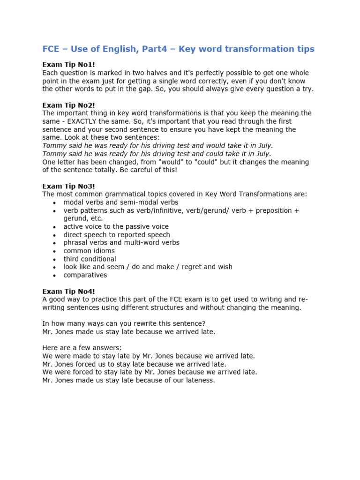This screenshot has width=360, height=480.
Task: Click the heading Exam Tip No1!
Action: click(x=68, y=65)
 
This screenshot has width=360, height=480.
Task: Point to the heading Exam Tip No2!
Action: click(x=68, y=105)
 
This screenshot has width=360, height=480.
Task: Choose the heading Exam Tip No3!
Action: click(x=68, y=186)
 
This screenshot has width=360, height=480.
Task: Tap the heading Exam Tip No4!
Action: click(x=68, y=291)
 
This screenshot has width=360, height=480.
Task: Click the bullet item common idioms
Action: click(x=89, y=251)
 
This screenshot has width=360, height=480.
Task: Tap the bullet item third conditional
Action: click(x=90, y=259)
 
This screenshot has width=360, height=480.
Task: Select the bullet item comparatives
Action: click(x=85, y=275)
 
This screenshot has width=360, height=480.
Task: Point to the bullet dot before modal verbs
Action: click(x=54, y=202)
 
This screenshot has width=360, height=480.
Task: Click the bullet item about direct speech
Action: click(x=117, y=234)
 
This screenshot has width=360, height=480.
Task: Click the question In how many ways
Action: click(x=124, y=323)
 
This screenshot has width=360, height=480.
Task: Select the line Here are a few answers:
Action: click(x=82, y=348)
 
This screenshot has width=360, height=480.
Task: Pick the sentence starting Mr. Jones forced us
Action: click(x=134, y=364)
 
